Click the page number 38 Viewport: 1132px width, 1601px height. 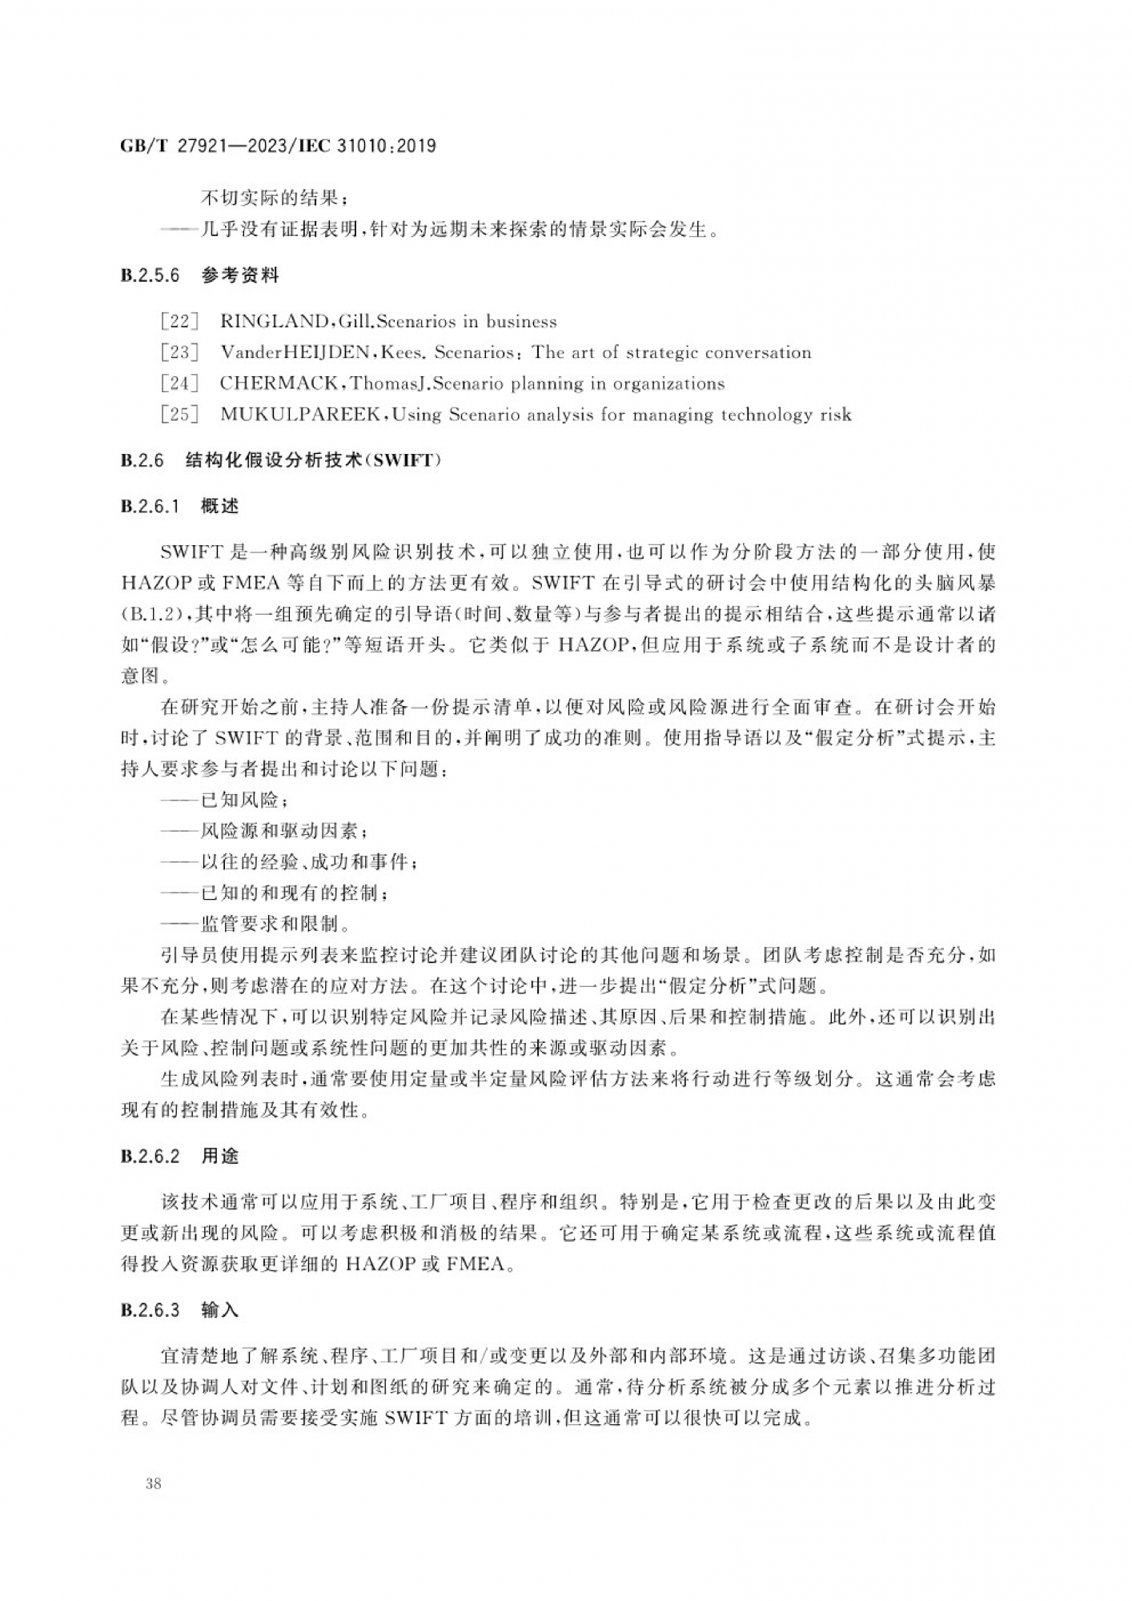[x=154, y=1483]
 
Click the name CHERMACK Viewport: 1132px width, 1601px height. [x=279, y=383]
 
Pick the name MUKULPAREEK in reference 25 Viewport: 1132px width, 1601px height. [x=304, y=415]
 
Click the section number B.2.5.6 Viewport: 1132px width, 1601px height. [x=150, y=276]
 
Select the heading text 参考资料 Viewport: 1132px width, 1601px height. [x=239, y=276]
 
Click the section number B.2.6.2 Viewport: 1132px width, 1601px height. [x=150, y=1156]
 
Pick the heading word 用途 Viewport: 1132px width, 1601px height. [x=219, y=1156]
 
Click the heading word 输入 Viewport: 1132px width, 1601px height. [x=219, y=1310]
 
